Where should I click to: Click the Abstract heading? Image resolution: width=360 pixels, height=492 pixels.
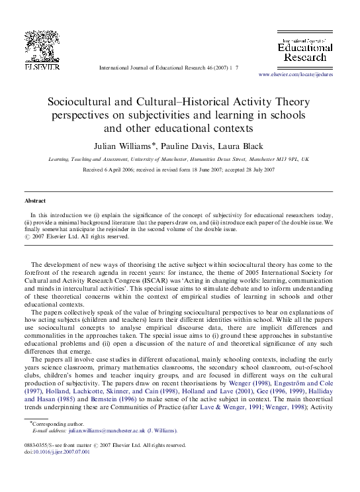35,200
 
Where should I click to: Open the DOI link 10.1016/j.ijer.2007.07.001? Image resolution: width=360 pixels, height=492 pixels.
60,452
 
